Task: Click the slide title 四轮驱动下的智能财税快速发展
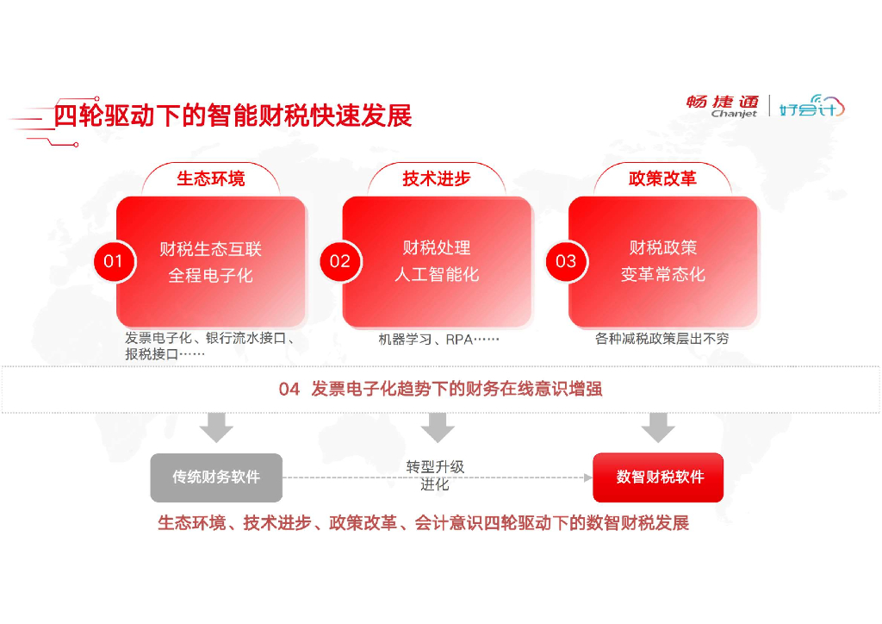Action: pos(233,115)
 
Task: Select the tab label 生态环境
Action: pos(211,178)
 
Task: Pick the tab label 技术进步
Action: pos(437,178)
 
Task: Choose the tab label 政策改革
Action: pos(662,178)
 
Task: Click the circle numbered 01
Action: pos(114,261)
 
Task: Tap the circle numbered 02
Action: pos(340,261)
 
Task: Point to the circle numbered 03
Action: pos(566,261)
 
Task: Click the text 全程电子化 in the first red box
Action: pos(211,277)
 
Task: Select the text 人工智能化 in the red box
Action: pos(437,275)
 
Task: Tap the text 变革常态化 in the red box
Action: pos(662,275)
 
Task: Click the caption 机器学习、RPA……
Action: pos(438,340)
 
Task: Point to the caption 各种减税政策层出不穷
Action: pos(661,339)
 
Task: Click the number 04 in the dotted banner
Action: pos(289,390)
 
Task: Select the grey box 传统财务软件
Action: pos(216,477)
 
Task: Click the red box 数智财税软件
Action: pos(658,477)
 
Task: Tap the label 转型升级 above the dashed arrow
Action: pos(435,467)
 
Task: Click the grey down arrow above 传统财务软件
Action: pos(216,427)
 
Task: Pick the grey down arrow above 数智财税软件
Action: pos(658,427)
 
